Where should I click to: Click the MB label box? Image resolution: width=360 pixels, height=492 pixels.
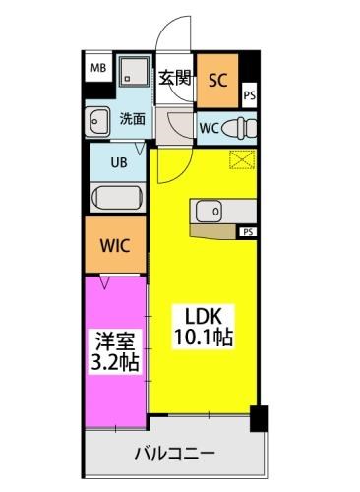point(99,68)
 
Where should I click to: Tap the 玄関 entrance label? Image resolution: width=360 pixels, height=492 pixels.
point(175,78)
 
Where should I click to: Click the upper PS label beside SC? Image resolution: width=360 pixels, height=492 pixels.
point(249,96)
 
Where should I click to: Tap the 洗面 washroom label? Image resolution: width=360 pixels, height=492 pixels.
point(133,119)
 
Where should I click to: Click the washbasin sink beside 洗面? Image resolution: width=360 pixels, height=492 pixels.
point(99,122)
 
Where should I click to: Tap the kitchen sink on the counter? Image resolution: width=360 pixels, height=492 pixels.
point(209,210)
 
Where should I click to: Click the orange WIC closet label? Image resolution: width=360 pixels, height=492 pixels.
point(117,243)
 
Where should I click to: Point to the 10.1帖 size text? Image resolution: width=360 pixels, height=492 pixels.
point(205,336)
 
